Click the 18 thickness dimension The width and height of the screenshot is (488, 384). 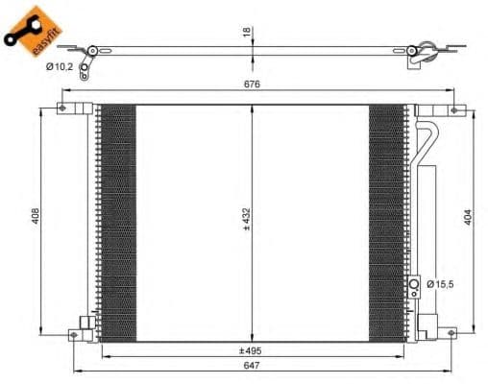coord(246,33)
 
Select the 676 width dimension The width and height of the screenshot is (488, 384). coord(252,84)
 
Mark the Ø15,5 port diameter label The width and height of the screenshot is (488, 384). coord(443,284)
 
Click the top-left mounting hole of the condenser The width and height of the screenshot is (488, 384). coord(63,108)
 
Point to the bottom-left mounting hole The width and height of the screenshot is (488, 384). coord(74,333)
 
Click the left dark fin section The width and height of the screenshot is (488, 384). coord(118,221)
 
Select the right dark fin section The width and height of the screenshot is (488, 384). coord(387,221)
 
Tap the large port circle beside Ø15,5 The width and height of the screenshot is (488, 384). coord(415,284)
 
